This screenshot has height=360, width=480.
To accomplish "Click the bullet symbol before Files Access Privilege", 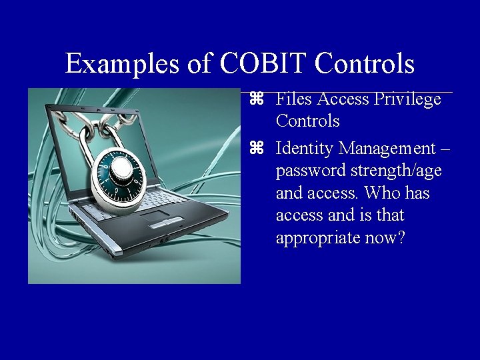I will coord(258,99).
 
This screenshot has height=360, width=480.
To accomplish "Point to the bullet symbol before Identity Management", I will coord(258,147).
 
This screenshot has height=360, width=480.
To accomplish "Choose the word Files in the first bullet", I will coord(294,99).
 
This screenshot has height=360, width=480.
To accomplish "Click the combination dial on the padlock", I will coord(121,174).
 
